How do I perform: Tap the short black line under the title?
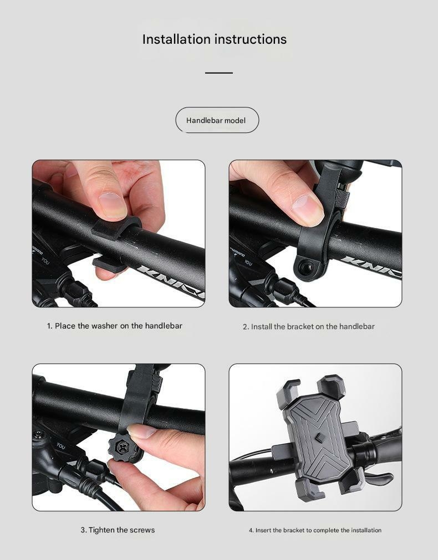tap(219, 73)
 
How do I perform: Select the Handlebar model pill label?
tap(216, 120)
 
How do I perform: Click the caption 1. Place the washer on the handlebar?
tap(114, 326)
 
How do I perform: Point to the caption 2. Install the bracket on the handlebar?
tap(309, 326)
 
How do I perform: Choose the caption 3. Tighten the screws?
tap(118, 530)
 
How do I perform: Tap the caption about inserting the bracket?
tap(315, 530)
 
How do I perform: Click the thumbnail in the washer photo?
tap(113, 205)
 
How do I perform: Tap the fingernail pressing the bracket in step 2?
tap(307, 210)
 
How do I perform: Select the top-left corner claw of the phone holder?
tap(288, 394)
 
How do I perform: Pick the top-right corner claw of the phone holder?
tap(332, 387)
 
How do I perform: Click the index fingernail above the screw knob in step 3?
tap(141, 431)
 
